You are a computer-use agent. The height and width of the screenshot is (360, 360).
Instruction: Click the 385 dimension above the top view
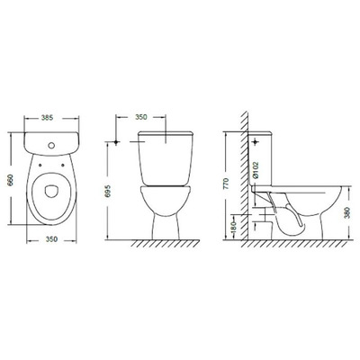pyautogui.click(x=47, y=118)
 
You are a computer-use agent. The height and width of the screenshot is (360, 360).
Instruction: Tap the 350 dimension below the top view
pyautogui.click(x=51, y=239)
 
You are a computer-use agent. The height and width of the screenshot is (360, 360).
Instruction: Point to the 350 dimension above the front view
pyautogui.click(x=141, y=117)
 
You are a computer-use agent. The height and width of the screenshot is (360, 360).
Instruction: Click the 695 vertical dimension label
pyautogui.click(x=109, y=191)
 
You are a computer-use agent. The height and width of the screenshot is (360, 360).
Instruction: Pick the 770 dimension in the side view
pyautogui.click(x=226, y=184)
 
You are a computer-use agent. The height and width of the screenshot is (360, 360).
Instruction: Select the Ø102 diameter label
pyautogui.click(x=256, y=171)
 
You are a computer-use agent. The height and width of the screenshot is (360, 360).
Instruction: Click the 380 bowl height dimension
pyautogui.click(x=346, y=212)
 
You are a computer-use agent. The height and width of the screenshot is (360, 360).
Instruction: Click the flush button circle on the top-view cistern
pyautogui.click(x=51, y=146)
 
